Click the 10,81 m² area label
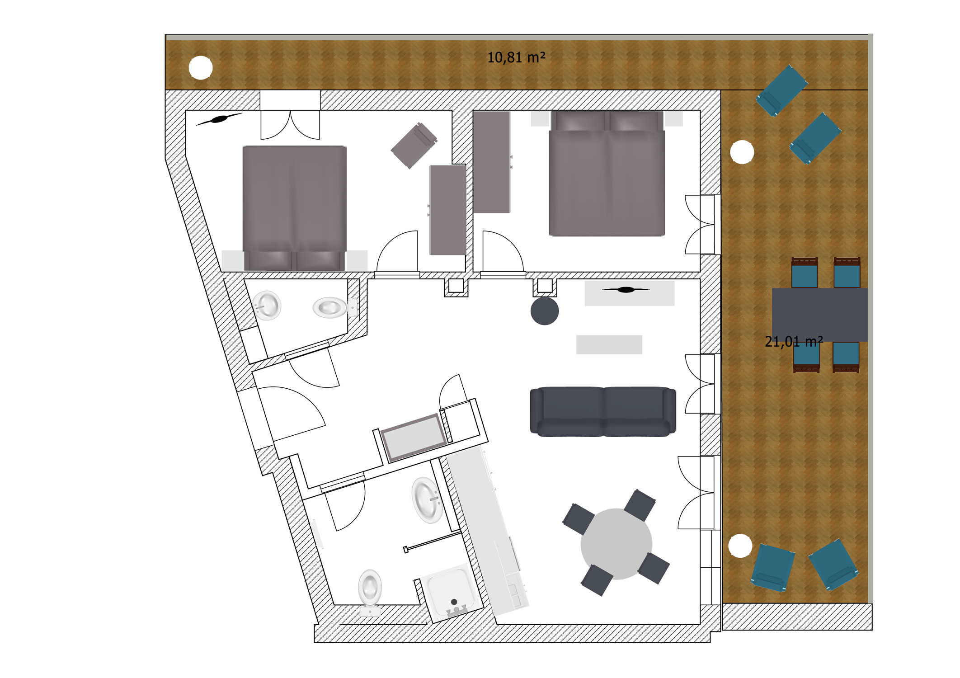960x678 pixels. pyautogui.click(x=516, y=57)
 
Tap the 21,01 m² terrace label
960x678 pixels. pyautogui.click(x=794, y=342)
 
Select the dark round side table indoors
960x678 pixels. pyautogui.click(x=544, y=311)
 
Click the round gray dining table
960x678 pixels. pyautogui.click(x=616, y=544)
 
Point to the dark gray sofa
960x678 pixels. pyautogui.click(x=603, y=412)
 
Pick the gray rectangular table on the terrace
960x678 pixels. pyautogui.click(x=819, y=315)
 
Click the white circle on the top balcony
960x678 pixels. pyautogui.click(x=200, y=68)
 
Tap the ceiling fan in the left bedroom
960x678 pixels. pyautogui.click(x=219, y=119)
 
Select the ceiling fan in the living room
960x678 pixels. pyautogui.click(x=626, y=290)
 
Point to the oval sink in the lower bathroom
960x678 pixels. pyautogui.click(x=427, y=500)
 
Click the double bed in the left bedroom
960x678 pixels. pyautogui.click(x=295, y=208)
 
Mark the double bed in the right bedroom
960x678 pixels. pyautogui.click(x=607, y=174)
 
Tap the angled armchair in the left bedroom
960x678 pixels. pyautogui.click(x=414, y=145)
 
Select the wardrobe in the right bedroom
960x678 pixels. pyautogui.click(x=492, y=162)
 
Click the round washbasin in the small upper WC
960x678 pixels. pyautogui.click(x=267, y=306)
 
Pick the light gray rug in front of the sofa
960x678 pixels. pyautogui.click(x=609, y=344)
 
